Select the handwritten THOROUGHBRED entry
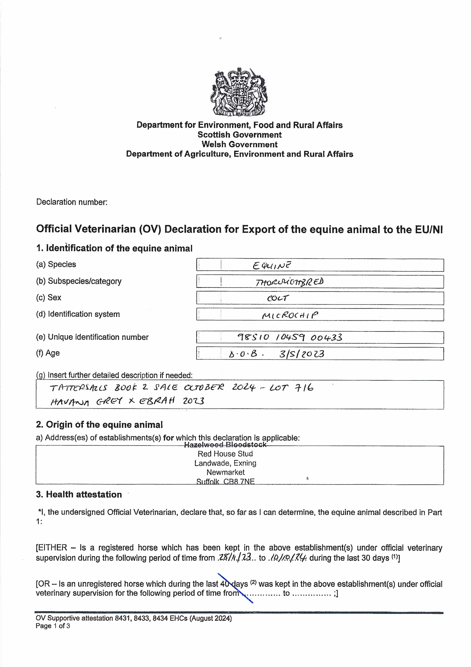289,282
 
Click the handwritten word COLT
278,298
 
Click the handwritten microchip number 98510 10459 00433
290,337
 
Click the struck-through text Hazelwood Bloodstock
225,444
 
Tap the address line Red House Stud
225,454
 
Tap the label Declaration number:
72,202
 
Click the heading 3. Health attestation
79,494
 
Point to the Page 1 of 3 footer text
53,626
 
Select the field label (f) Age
48,353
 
